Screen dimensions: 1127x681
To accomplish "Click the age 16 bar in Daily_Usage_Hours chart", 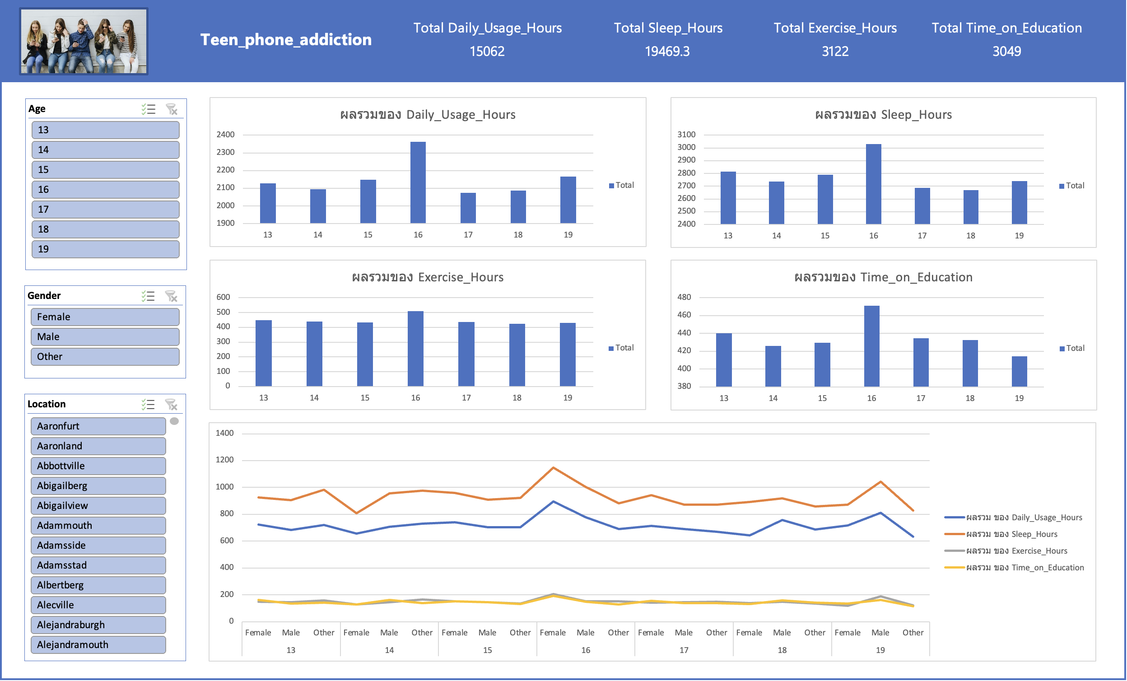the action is tap(418, 182).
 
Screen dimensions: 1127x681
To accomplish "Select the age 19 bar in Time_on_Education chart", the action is tap(1020, 371).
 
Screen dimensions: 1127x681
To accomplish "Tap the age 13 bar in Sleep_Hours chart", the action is tap(728, 198).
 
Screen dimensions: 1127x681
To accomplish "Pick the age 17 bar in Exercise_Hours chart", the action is tap(466, 354).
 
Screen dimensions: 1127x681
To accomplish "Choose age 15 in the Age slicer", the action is tap(105, 170).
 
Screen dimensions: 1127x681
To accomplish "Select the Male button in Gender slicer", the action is tap(105, 337).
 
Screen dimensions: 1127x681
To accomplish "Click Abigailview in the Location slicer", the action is tap(98, 506).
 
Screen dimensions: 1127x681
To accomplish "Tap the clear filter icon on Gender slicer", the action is tap(171, 296).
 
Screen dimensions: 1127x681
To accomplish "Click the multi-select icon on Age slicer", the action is tap(148, 109).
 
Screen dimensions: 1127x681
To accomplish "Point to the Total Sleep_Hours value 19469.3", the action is tap(667, 51).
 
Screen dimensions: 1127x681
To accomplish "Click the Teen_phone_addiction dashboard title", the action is tap(286, 40).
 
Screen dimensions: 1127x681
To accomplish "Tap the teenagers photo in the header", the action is tap(84, 41).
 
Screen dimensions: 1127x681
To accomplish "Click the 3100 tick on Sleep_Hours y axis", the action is tap(686, 135).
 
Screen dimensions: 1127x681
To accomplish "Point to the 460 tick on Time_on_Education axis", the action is tap(684, 315).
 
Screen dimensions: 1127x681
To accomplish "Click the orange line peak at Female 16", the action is tap(554, 467).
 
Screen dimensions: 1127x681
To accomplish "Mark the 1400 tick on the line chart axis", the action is tap(224, 433).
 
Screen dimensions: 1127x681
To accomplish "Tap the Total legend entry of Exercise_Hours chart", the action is tap(621, 348).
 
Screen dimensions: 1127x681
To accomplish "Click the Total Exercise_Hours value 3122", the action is tap(835, 51).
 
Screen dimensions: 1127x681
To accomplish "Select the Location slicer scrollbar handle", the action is tap(174, 421).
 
